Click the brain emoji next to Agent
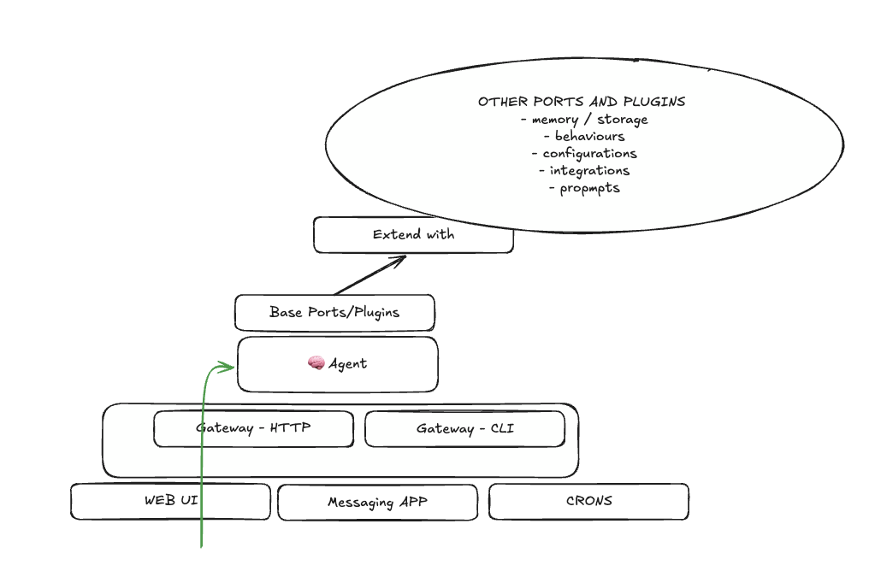point(316,364)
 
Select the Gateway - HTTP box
point(253,429)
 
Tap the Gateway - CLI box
point(464,429)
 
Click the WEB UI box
point(170,502)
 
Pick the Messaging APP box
point(377,503)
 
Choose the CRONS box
point(588,502)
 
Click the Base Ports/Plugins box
point(334,313)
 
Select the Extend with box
point(413,235)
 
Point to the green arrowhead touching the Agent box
point(228,368)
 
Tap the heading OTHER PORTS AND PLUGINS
point(582,102)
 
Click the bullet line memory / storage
point(584,120)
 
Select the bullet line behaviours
point(584,137)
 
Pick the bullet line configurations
point(584,154)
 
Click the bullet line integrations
point(584,171)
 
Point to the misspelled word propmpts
point(589,188)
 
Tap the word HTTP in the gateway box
point(290,428)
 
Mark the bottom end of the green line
point(202,545)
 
